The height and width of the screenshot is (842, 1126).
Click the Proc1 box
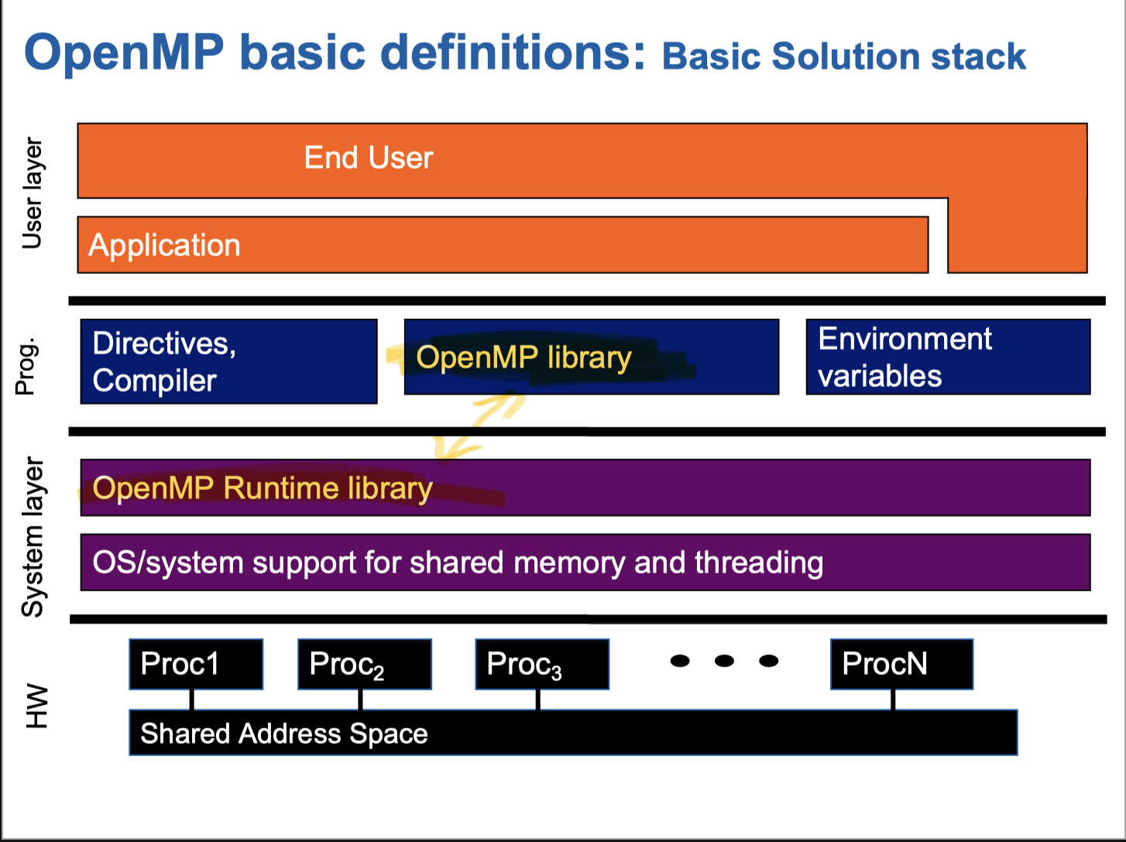coord(196,664)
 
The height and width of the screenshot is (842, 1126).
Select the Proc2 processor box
coord(364,664)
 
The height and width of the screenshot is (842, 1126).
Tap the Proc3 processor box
coord(541,664)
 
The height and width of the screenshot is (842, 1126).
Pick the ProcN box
coord(901,664)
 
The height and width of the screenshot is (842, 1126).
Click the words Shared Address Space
coord(283,734)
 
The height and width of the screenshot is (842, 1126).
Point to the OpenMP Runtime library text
coord(262,488)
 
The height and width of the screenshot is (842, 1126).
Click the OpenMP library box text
coord(524,358)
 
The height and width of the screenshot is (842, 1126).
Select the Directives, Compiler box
coord(228,361)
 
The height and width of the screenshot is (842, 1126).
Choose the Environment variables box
coord(948,357)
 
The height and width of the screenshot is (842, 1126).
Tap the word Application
coord(164,245)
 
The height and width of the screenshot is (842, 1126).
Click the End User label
coord(368,158)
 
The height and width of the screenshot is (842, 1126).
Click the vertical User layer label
coord(32,193)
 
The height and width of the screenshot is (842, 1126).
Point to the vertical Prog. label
coord(26,366)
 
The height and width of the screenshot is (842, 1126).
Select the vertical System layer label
coord(33,536)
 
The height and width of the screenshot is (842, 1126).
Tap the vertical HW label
coord(36,706)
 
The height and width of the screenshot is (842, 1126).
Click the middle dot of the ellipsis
coord(724,661)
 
